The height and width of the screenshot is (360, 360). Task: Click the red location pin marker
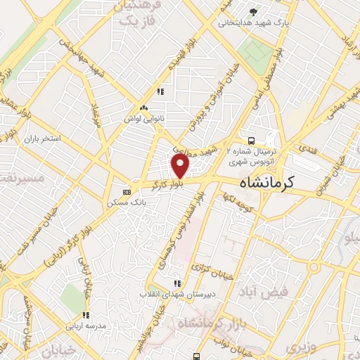click(181, 166)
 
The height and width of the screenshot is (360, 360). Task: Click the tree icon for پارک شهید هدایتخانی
click(253, 11)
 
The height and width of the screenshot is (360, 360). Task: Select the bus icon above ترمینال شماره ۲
click(252, 141)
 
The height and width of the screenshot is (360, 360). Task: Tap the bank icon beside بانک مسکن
click(127, 191)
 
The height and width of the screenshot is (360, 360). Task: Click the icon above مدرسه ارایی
click(86, 315)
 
